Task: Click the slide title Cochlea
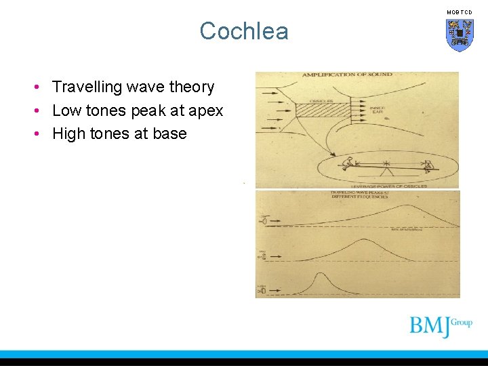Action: (244, 31)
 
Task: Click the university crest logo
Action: (460, 35)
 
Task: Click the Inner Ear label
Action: (378, 110)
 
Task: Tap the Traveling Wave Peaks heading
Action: (359, 195)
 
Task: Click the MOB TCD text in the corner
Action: (459, 12)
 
